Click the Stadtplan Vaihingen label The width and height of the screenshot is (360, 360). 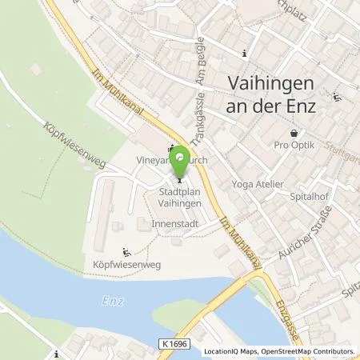(180, 198)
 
